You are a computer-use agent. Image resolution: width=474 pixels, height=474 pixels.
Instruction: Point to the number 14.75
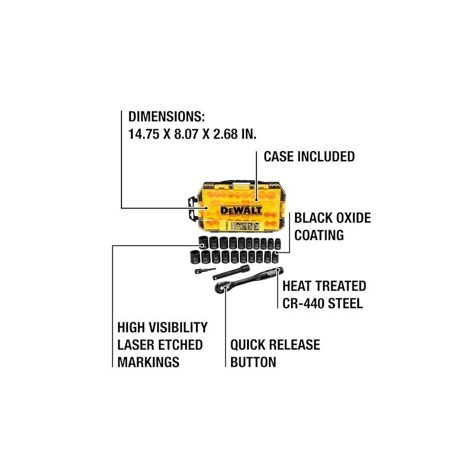[143, 134]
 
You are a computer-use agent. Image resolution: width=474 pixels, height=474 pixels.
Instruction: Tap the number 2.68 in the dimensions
[226, 134]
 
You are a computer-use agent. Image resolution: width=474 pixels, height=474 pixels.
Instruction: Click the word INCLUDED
[326, 156]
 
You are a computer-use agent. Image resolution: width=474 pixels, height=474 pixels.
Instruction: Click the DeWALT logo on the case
[241, 210]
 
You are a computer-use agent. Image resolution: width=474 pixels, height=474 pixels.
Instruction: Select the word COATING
[319, 235]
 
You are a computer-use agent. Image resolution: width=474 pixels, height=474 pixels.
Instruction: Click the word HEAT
[296, 286]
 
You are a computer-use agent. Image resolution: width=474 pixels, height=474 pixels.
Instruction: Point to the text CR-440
[303, 303]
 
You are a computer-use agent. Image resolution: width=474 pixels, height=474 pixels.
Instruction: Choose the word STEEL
[345, 303]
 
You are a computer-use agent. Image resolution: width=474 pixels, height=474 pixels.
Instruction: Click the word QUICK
[247, 345]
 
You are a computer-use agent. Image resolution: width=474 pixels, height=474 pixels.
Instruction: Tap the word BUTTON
[253, 362]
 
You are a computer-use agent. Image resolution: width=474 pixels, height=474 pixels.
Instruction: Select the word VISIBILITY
[179, 328]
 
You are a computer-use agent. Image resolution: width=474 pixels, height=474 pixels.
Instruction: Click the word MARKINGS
[148, 362]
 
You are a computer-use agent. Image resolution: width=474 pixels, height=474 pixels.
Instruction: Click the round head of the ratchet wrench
[220, 287]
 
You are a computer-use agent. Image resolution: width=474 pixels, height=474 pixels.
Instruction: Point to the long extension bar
[231, 273]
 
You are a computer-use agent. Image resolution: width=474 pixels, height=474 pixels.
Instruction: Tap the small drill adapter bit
[205, 270]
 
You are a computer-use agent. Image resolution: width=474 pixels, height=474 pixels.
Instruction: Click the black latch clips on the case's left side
[191, 209]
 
